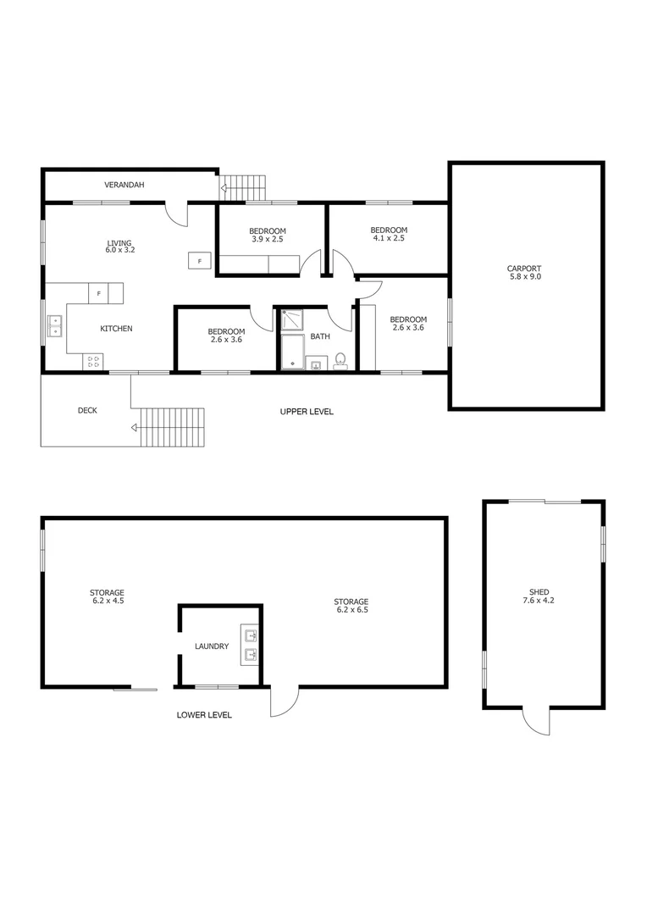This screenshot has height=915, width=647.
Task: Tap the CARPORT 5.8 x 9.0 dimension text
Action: pyautogui.click(x=524, y=277)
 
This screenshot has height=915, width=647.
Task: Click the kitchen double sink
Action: pyautogui.click(x=55, y=325)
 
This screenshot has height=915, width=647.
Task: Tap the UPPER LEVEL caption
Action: pyautogui.click(x=307, y=412)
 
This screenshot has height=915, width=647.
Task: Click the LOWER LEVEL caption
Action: pyautogui.click(x=204, y=715)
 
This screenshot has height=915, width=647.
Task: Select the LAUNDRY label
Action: pyautogui.click(x=211, y=646)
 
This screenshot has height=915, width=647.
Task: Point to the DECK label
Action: pyautogui.click(x=87, y=411)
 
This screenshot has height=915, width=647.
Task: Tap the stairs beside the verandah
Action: pyautogui.click(x=246, y=186)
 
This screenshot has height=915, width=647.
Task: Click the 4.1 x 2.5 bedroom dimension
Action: pyautogui.click(x=389, y=238)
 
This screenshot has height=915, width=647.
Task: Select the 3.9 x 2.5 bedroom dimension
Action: pyautogui.click(x=267, y=240)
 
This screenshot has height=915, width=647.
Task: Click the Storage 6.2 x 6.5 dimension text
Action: pyautogui.click(x=351, y=609)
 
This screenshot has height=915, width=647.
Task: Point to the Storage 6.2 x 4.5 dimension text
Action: pyautogui.click(x=108, y=601)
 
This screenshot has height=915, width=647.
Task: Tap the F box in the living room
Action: pyautogui.click(x=199, y=261)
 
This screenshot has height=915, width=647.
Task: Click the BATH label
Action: pyautogui.click(x=319, y=336)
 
